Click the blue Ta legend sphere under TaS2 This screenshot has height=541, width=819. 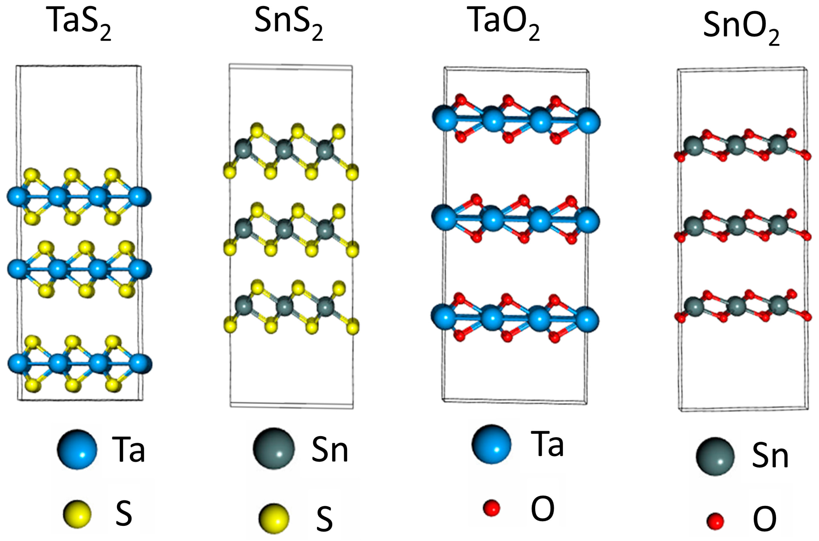(77, 450)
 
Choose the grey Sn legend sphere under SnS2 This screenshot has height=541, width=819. (274, 449)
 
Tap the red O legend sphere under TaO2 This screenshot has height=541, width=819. (491, 508)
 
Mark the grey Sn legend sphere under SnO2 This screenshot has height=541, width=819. (715, 457)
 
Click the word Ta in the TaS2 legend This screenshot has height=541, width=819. (128, 450)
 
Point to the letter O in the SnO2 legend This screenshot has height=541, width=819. (765, 519)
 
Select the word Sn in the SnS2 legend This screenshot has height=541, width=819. (330, 450)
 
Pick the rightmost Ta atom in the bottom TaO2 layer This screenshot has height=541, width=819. (587, 321)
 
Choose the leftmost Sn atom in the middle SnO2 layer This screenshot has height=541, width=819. (693, 226)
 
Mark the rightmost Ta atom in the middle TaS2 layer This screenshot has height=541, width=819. (140, 269)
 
